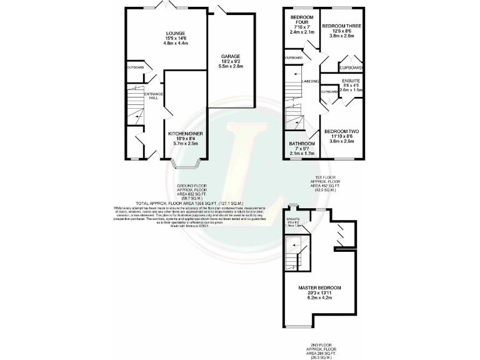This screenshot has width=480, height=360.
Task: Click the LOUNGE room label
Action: [176, 33]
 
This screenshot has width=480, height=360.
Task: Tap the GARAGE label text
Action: [230, 56]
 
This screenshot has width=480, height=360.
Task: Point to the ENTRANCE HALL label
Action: [153, 96]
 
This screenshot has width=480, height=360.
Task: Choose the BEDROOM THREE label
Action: [342, 26]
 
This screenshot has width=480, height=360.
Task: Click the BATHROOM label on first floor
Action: [301, 144]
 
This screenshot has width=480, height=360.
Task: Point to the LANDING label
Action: [311, 81]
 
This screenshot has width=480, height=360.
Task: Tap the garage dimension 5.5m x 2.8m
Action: [231, 66]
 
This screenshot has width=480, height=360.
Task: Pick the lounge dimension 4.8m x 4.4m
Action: [176, 43]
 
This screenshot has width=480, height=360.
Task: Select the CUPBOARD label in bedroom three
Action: [351, 67]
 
